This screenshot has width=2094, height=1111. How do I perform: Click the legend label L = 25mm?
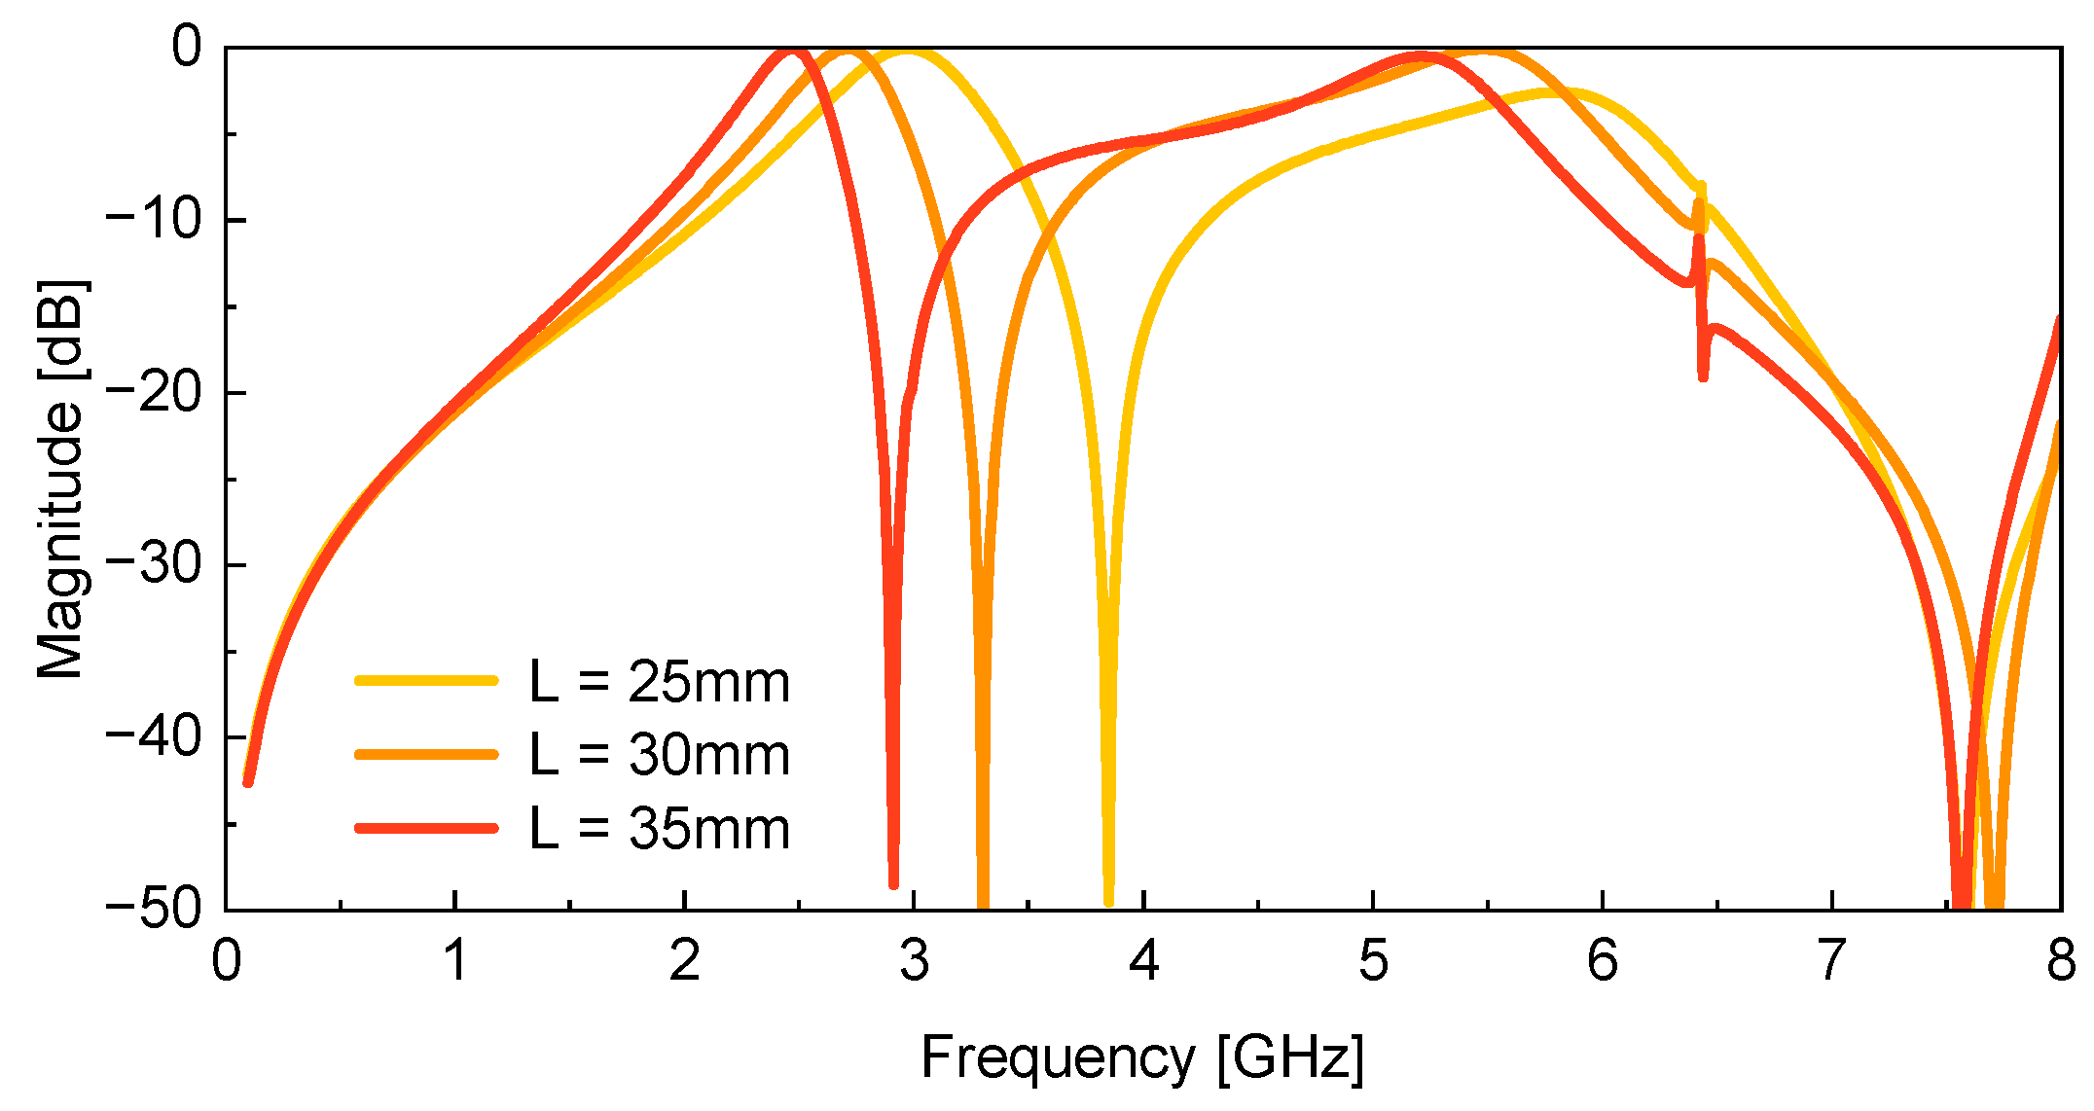coord(660,682)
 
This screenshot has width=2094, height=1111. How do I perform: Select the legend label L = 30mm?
coord(660,755)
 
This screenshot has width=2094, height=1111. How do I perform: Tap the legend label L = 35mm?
coord(660,829)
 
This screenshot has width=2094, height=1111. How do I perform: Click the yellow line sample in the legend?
coord(426,681)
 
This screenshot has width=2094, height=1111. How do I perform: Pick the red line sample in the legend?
coord(426,829)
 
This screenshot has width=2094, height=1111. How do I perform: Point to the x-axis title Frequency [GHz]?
coord(1142,1057)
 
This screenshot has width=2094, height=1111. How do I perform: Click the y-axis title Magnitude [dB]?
coord(60,479)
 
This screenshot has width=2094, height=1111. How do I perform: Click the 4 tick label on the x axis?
coord(1143,961)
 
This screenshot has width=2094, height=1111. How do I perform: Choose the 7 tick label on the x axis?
coord(1831,961)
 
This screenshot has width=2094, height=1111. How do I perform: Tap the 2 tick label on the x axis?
coord(685,961)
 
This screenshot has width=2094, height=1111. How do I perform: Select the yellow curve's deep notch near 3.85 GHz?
coord(1109,899)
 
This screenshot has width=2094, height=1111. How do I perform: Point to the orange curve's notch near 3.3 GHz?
coord(983,901)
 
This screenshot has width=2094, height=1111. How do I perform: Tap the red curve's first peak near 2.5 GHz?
coord(793,53)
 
